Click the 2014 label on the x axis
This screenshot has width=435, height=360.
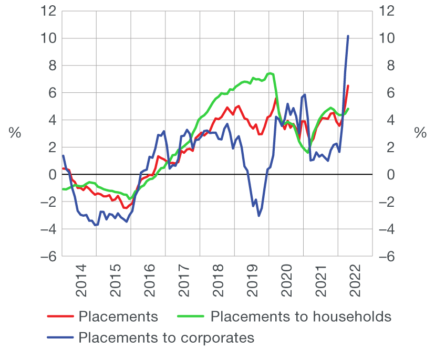81,283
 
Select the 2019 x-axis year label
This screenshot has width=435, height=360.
253,283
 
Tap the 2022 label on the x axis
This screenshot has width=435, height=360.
356,283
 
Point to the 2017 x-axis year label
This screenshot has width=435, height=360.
184,283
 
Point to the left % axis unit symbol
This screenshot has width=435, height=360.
15,133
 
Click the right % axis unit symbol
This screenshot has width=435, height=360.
420,133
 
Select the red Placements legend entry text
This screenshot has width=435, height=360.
118,316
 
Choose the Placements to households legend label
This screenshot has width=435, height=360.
301,316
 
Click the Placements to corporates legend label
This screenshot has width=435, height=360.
166,337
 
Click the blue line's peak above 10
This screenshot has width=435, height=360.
348,36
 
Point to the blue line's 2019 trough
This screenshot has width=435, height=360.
259,216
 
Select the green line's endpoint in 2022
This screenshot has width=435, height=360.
348,109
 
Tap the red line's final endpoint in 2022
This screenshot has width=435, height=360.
348,86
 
